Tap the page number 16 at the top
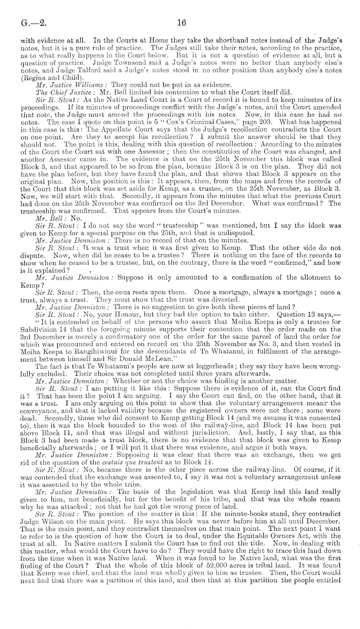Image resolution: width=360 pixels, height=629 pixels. [x=181, y=23]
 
